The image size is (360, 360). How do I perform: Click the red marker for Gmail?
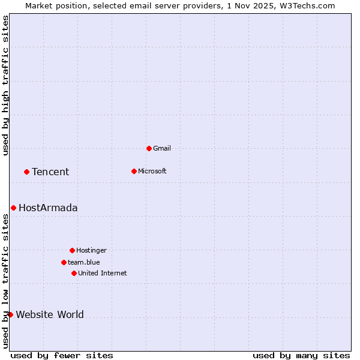click(x=149, y=148)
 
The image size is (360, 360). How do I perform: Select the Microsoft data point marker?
click(x=134, y=171)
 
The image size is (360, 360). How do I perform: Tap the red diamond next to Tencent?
click(x=26, y=172)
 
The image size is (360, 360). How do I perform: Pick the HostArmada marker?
click(x=13, y=208)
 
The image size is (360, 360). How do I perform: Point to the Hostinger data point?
click(x=72, y=250)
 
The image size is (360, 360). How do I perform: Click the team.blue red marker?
click(x=64, y=262)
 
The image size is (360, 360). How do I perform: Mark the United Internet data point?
click(x=74, y=273)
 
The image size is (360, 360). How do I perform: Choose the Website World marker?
click(x=10, y=314)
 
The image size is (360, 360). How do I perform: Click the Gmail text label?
click(x=162, y=148)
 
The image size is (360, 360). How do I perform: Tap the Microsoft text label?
click(x=152, y=171)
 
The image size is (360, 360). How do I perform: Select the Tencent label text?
click(x=50, y=172)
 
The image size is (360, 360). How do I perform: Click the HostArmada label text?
click(x=48, y=208)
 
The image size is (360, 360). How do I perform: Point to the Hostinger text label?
click(x=91, y=250)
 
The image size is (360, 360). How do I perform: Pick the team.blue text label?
click(x=84, y=262)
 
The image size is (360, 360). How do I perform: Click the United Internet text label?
click(x=103, y=273)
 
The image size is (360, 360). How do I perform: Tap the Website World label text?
click(x=50, y=314)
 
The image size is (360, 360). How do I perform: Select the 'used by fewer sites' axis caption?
click(x=62, y=355)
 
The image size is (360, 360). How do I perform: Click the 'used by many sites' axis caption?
click(x=301, y=355)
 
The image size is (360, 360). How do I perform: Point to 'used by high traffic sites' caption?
click(x=6, y=85)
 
